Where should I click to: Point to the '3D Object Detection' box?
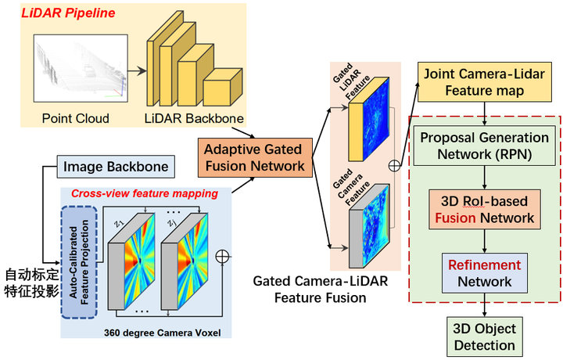click(485, 336)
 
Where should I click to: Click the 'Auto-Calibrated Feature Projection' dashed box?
click(77, 261)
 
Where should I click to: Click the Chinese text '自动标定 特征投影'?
click(29, 283)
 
